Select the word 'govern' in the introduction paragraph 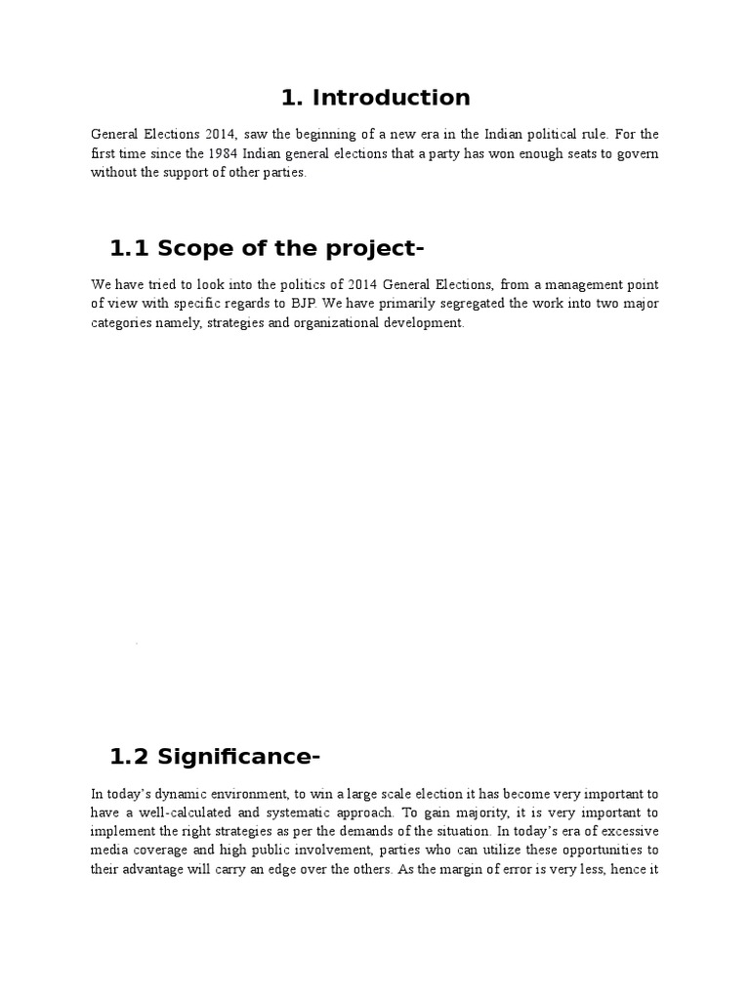[637, 153]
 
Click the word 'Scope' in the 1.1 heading [190, 249]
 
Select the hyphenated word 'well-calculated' [181, 812]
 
